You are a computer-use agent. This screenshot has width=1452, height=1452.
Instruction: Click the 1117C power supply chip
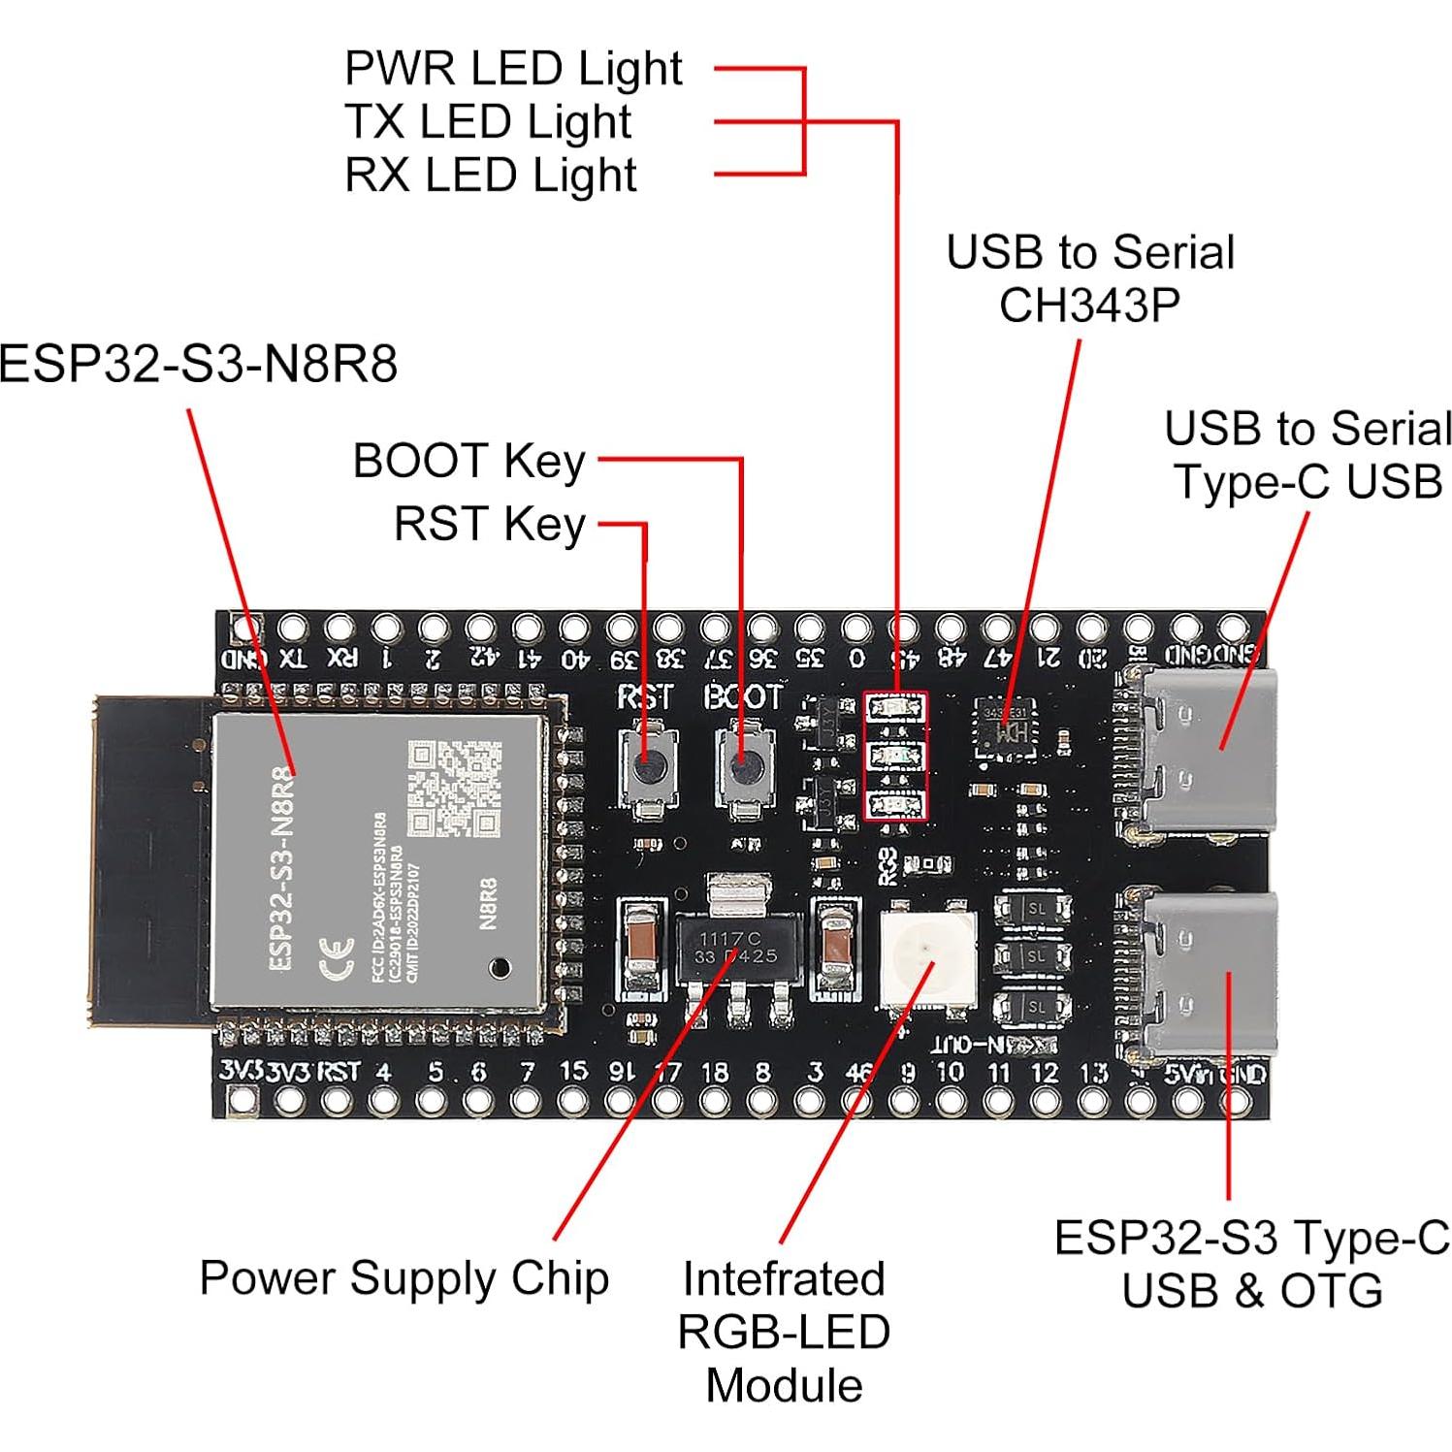point(737,947)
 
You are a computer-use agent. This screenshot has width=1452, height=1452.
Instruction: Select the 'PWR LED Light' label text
point(513,69)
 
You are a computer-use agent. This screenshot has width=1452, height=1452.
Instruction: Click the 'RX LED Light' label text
point(490,176)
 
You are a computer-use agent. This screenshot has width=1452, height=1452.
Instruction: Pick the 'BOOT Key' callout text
point(468,461)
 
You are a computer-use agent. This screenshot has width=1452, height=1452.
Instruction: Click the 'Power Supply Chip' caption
point(403,1277)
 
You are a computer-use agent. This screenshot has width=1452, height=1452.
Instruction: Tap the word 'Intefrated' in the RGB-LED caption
point(783,1278)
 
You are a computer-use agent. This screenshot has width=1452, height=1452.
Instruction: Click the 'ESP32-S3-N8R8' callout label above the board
point(198,365)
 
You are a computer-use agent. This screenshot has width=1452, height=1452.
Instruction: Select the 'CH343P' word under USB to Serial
point(1089,306)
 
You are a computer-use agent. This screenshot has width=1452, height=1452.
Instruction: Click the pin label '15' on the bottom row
point(573,1071)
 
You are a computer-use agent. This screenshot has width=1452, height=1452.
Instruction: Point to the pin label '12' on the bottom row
point(1044,1073)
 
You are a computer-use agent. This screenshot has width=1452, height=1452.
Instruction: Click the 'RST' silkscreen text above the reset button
point(645,696)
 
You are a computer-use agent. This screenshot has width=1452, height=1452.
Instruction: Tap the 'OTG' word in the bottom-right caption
point(1331,1291)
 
